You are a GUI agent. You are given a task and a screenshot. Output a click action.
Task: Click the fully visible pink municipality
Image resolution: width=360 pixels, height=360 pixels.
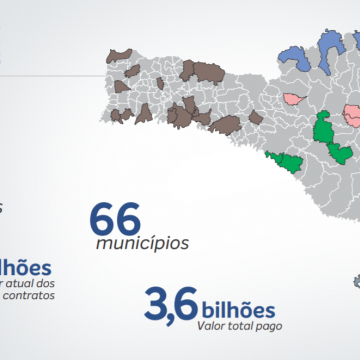295,98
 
